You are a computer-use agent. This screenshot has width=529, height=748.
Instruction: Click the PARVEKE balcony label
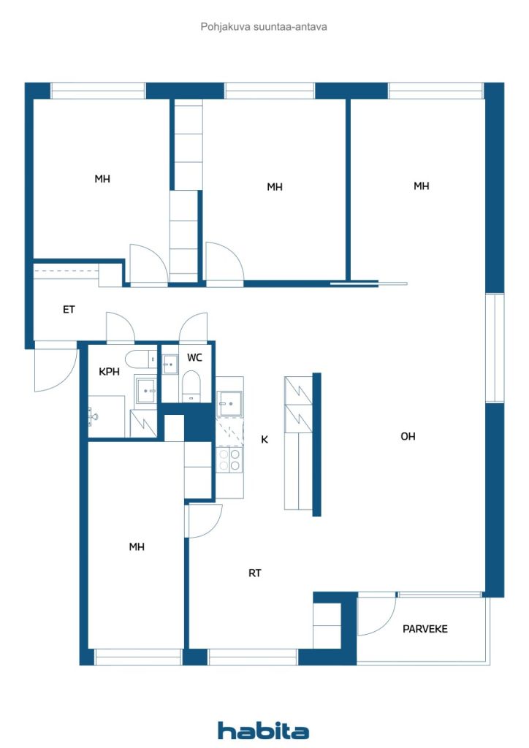pos(425,629)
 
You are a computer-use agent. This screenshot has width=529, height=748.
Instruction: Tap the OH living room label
pos(408,437)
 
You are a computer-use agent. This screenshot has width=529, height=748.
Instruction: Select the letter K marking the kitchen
pos(264,440)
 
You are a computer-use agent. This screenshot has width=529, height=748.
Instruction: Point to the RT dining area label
pos(254,573)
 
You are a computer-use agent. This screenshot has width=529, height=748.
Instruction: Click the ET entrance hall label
pos(69,310)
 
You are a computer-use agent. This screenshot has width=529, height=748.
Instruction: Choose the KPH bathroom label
pos(109,372)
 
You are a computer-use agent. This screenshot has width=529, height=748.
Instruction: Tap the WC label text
pos(194,358)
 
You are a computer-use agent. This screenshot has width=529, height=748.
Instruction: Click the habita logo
pos(263,730)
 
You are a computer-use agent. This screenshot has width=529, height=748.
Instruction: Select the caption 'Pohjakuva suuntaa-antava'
pos(264,26)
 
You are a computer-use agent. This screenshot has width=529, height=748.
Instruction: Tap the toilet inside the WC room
pos(191,386)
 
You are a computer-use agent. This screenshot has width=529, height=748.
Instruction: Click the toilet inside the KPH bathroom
pos(139,358)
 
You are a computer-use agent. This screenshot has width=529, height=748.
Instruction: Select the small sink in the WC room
pos(170,363)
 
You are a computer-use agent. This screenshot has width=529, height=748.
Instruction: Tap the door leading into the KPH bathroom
pos(121,328)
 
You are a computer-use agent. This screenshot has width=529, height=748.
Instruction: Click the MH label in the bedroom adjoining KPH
pos(137,546)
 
